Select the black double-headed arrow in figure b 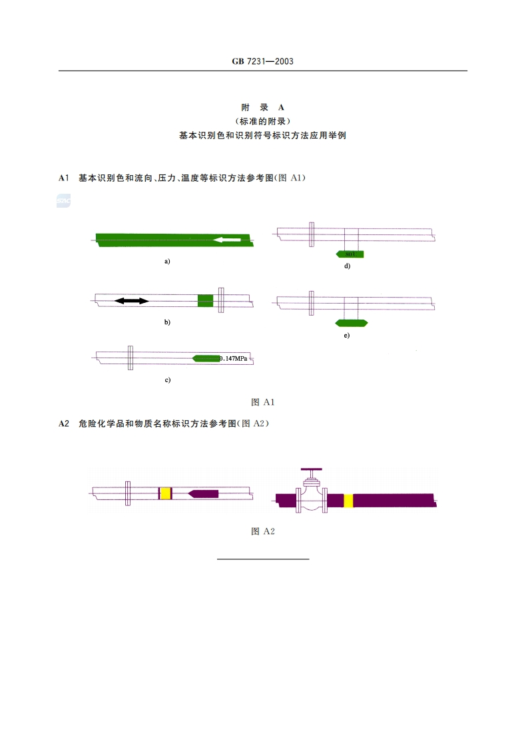tap(131, 301)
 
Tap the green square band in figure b tap(206, 300)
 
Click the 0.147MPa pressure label tap(233, 359)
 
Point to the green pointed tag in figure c tap(205, 359)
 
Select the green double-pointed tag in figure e tap(351, 323)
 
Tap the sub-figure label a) tap(167, 262)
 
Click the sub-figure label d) tap(346, 266)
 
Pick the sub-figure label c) tap(167, 380)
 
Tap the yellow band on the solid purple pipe tap(348, 501)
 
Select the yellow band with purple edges tap(165, 493)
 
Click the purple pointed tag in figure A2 tap(203, 493)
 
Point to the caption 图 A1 tap(263, 402)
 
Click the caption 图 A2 tap(263, 531)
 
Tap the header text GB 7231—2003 tap(263, 61)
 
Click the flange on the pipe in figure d tap(311, 234)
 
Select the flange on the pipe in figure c tap(131, 358)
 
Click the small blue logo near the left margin tap(63, 200)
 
